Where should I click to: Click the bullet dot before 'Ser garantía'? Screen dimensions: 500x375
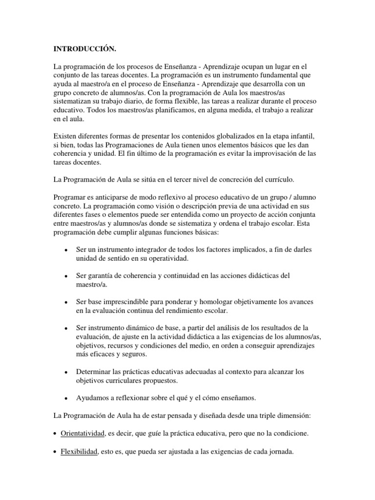point(65,276)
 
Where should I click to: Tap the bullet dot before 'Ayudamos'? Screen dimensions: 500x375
point(65,398)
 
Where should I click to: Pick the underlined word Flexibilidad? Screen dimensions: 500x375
point(79,452)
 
